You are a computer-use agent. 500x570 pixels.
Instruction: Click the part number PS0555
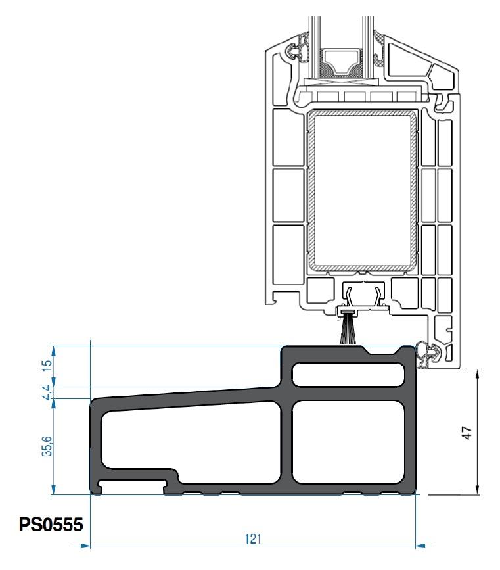pyautogui.click(x=51, y=525)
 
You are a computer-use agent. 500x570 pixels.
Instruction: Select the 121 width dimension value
pyautogui.click(x=253, y=538)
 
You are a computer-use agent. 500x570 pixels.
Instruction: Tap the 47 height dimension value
pyautogui.click(x=467, y=433)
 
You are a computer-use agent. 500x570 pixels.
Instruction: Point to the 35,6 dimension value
pyautogui.click(x=47, y=446)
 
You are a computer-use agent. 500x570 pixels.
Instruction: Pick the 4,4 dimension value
pyautogui.click(x=47, y=392)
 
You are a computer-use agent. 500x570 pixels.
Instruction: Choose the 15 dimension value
pyautogui.click(x=47, y=366)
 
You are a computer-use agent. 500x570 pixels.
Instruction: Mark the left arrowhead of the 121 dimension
pyautogui.click(x=85, y=546)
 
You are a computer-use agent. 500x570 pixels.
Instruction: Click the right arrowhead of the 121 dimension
pyautogui.click(x=420, y=546)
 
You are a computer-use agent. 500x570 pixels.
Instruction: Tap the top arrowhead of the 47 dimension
pyautogui.click(x=477, y=374)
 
